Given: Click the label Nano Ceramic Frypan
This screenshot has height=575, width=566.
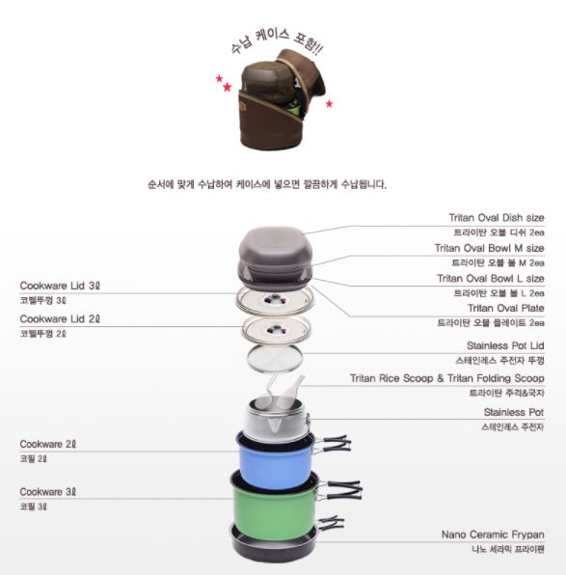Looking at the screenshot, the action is click(x=493, y=534).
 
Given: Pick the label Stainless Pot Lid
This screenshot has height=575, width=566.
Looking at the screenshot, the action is click(x=505, y=345).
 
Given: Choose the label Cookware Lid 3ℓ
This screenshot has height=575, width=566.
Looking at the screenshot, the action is click(x=60, y=286).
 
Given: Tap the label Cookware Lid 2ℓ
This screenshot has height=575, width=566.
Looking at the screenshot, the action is click(x=60, y=319).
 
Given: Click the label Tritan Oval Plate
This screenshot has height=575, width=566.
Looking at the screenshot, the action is click(x=506, y=308).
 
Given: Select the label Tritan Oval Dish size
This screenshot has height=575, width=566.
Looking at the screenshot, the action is click(x=497, y=218).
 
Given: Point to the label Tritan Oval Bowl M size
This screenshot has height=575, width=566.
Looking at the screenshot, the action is click(x=490, y=248).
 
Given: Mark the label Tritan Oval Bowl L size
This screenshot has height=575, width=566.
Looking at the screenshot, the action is click(x=491, y=279).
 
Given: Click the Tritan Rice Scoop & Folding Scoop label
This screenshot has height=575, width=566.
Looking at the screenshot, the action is click(x=446, y=378).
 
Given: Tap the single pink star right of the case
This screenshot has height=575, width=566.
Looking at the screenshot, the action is click(x=329, y=104).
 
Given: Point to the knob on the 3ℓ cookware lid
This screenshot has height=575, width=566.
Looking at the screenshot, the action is click(x=274, y=300).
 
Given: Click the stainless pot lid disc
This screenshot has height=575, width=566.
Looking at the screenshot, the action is click(x=275, y=358).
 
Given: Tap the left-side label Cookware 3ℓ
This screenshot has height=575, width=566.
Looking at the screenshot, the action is click(x=47, y=492).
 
